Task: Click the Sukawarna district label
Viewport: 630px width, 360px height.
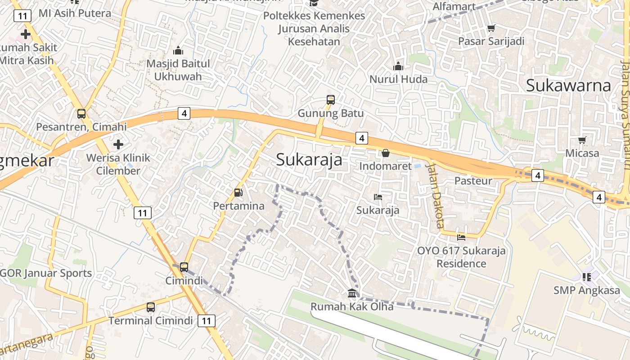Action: point(568,85)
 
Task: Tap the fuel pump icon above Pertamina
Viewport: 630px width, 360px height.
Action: point(238,193)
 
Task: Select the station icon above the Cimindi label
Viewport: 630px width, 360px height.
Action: point(184,267)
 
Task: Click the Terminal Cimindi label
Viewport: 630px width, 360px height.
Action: point(151,320)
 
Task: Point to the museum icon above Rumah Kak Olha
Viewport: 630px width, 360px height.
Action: point(352,293)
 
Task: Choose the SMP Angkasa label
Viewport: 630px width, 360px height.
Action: point(587,290)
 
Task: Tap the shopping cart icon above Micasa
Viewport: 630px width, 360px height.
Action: point(582,140)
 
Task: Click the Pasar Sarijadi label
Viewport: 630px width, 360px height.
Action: point(491,41)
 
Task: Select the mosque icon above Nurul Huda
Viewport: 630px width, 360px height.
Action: point(398,67)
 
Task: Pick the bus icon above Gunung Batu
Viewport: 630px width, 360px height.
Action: point(331,99)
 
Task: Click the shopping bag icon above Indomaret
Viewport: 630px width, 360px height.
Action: point(386,153)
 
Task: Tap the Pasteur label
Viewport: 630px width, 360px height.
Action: point(473,180)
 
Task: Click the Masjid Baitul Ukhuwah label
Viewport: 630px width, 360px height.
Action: point(178,70)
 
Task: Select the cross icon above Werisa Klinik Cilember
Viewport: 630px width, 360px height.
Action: point(118,144)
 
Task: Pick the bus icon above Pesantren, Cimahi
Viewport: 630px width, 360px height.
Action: point(81,113)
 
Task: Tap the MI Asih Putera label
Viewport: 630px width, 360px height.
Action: point(75,13)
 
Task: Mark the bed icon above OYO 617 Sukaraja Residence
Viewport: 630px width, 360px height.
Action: point(461,237)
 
